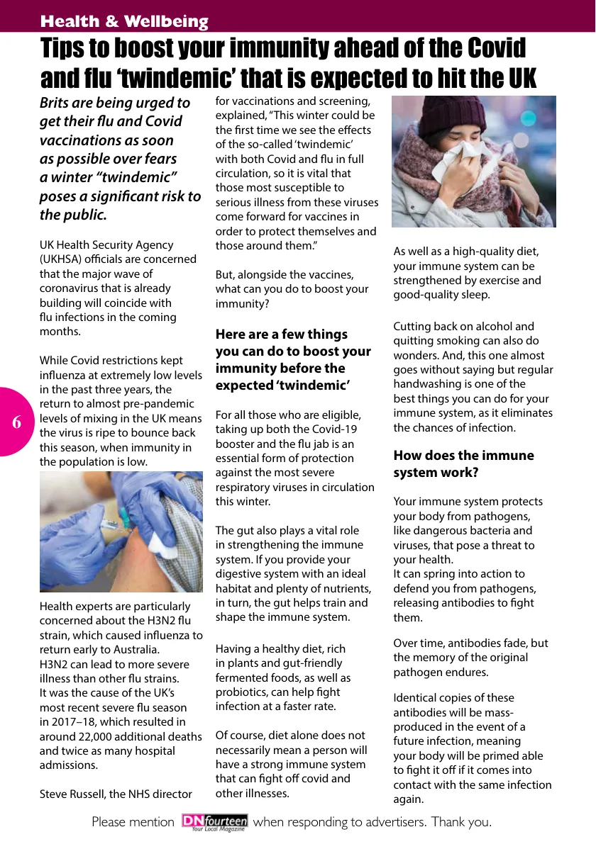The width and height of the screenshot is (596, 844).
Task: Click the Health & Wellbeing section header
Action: (124, 21)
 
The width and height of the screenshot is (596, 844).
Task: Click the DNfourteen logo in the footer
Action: (214, 823)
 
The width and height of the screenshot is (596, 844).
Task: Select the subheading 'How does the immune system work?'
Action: (464, 463)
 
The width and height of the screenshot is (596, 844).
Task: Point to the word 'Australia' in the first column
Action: (136, 649)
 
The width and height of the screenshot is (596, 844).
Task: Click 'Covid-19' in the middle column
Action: (339, 429)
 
